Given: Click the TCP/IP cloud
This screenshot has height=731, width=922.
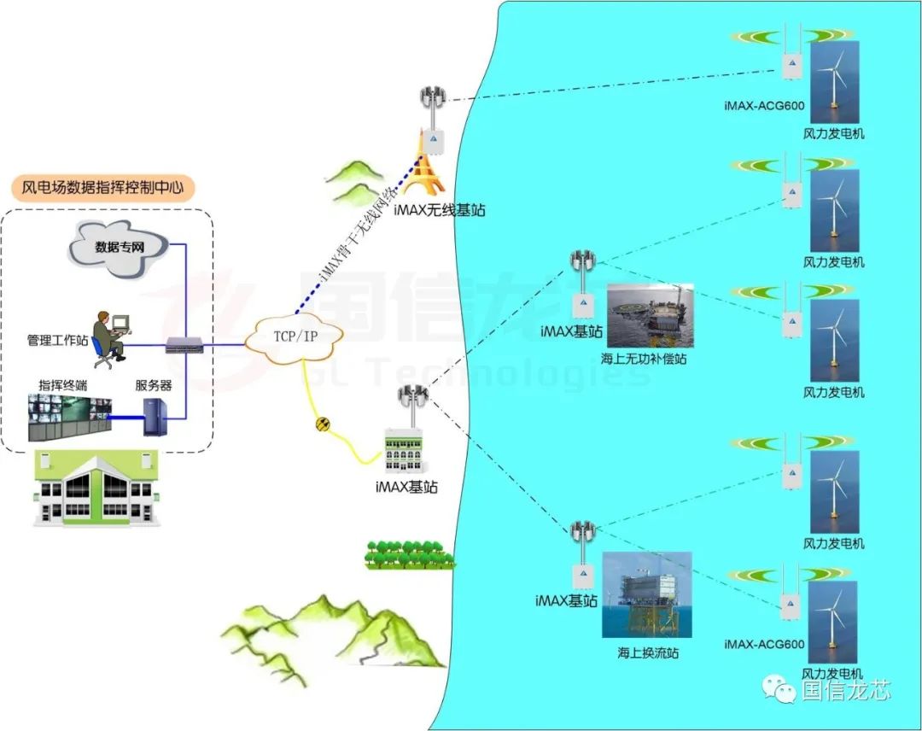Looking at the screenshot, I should (x=293, y=336).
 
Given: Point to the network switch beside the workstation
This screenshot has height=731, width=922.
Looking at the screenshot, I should (x=184, y=346).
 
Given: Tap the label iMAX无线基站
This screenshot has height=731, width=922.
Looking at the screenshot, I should (x=440, y=209).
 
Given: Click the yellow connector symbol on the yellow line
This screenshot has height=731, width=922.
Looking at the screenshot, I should (x=323, y=424).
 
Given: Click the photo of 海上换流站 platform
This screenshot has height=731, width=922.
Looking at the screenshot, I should (x=646, y=595).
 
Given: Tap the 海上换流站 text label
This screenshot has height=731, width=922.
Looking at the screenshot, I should (x=648, y=653).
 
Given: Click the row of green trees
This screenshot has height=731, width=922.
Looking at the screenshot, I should (x=406, y=554).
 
